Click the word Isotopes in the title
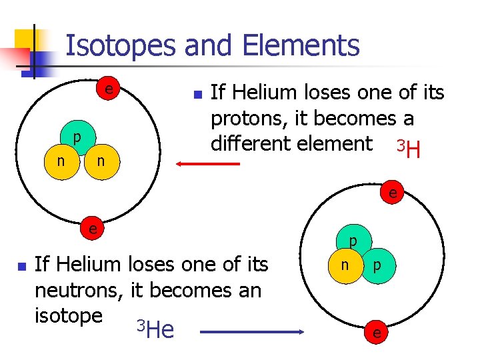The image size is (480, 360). pyautogui.click(x=121, y=46)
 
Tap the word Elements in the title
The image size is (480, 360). pyautogui.click(x=301, y=46)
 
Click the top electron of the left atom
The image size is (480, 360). pyautogui.click(x=107, y=89)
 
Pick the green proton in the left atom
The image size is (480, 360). pyautogui.click(x=77, y=139)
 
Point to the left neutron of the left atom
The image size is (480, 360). pyautogui.click(x=61, y=161)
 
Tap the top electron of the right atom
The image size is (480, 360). pyautogui.click(x=393, y=194)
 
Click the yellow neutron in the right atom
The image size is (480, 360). pyautogui.click(x=345, y=265)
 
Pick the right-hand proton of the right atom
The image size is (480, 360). pyautogui.click(x=377, y=265)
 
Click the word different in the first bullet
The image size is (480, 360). pyautogui.click(x=256, y=143)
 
